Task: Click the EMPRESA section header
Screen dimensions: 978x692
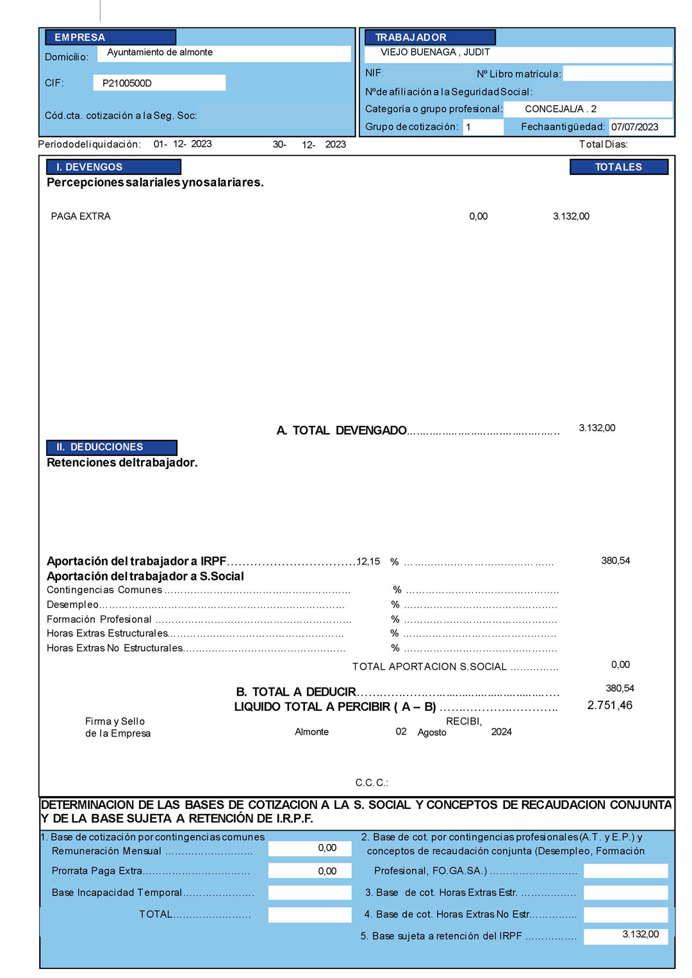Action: click(80, 37)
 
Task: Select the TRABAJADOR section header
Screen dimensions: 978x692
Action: click(411, 37)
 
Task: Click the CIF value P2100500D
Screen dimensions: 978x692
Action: click(127, 83)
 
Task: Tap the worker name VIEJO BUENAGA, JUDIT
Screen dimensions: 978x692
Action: click(435, 53)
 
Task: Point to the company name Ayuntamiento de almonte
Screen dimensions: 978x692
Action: click(160, 53)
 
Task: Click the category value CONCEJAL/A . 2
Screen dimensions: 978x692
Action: click(561, 109)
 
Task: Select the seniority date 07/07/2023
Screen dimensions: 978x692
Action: click(634, 127)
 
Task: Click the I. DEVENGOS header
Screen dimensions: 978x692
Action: click(89, 167)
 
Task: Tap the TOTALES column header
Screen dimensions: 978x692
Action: click(618, 167)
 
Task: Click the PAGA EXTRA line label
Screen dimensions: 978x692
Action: click(81, 216)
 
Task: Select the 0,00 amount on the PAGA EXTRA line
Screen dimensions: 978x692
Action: click(478, 216)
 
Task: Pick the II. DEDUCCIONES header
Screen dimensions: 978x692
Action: click(99, 447)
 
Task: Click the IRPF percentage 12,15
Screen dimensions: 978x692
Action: click(368, 561)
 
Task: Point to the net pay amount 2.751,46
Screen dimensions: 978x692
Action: click(609, 705)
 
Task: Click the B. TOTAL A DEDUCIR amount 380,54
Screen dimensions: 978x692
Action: click(620, 689)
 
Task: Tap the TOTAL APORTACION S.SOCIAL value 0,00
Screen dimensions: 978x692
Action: click(620, 665)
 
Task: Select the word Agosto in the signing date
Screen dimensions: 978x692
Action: click(432, 732)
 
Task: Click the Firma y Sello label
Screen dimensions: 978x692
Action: click(115, 721)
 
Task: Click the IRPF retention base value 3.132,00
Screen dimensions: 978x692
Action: click(640, 934)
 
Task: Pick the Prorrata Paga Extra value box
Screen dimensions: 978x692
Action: click(310, 871)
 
